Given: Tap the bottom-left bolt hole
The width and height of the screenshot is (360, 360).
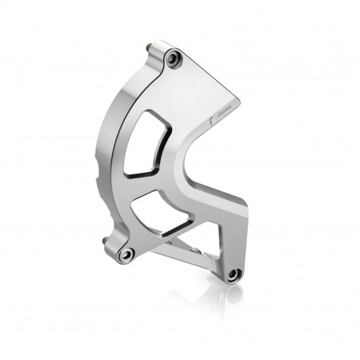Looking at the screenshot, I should pyautogui.click(x=126, y=254).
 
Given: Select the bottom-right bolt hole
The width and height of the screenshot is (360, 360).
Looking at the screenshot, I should pyautogui.click(x=233, y=274).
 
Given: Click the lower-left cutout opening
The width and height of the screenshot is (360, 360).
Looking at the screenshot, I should pyautogui.click(x=151, y=213).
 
